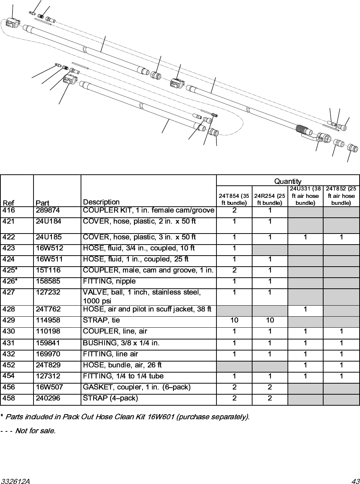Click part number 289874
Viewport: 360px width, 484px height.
(x=48, y=211)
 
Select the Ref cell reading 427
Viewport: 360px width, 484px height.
(x=8, y=292)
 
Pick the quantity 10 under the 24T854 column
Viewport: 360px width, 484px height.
(x=234, y=320)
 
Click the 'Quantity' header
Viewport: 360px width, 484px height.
(x=288, y=181)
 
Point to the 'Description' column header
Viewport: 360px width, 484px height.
(x=101, y=202)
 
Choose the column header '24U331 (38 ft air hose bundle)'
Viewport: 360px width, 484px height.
(x=305, y=196)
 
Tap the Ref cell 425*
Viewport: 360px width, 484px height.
(x=10, y=270)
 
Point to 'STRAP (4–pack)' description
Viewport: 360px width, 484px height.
(x=110, y=398)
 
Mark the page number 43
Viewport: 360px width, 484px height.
(x=354, y=481)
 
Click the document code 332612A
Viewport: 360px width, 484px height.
(x=15, y=481)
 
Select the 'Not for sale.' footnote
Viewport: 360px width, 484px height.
(x=35, y=431)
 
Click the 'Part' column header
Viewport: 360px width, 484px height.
(x=42, y=203)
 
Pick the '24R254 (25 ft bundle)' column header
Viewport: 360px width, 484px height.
(x=270, y=199)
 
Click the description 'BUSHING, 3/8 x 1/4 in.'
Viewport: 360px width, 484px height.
(x=121, y=343)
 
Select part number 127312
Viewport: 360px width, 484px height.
(x=48, y=376)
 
